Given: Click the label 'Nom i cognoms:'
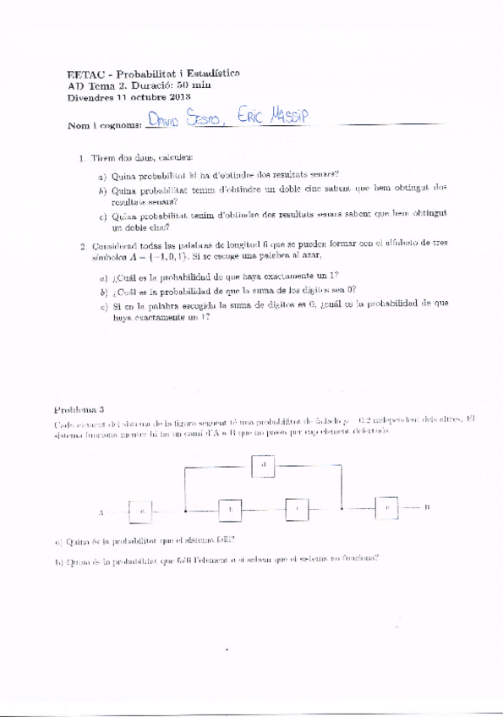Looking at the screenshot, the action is click(x=104, y=126).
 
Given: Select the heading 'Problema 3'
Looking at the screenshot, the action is click(x=79, y=410).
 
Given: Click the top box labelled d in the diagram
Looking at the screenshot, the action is click(x=264, y=464).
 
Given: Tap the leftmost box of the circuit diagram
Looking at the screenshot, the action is click(x=143, y=511).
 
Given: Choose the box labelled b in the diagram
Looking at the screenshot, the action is click(x=230, y=509).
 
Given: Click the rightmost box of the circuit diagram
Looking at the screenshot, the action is click(x=386, y=507).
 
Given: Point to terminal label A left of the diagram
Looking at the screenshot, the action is click(x=101, y=512).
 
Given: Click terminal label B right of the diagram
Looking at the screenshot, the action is click(x=427, y=507).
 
